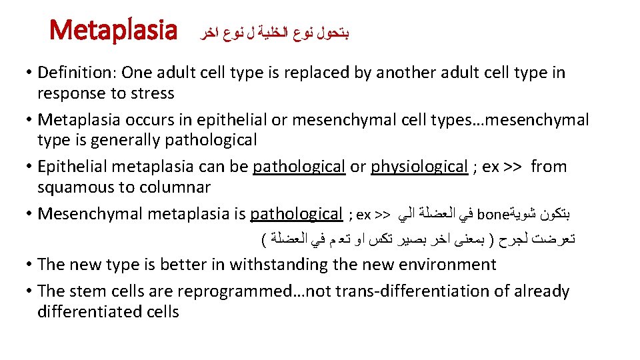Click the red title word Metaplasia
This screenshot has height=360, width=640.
pos(114,31)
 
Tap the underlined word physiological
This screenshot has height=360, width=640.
pos(419,167)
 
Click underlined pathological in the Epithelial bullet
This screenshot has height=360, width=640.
pos(299,167)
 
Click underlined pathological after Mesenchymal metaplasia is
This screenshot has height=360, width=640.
pos(296,214)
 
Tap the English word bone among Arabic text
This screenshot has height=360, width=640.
pos(493,215)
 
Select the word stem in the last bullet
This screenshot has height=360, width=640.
pos(88,291)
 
